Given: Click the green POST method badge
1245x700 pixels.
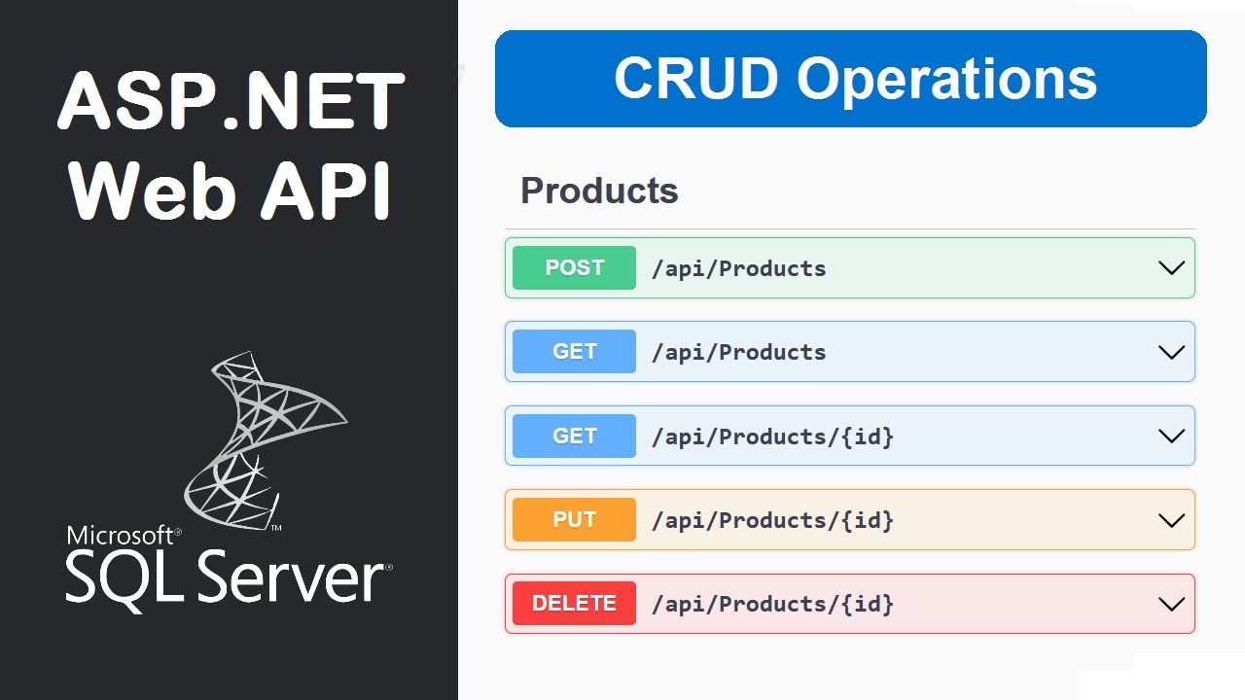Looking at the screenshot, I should click(x=574, y=268).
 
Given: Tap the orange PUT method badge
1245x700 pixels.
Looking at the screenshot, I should click(x=574, y=519).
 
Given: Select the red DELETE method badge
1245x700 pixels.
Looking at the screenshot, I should click(x=574, y=603).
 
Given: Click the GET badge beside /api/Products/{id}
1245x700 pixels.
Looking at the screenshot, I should click(x=574, y=436).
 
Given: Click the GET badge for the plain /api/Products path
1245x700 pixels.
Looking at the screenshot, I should click(x=574, y=352).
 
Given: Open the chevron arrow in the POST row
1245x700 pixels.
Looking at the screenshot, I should click(x=1171, y=268).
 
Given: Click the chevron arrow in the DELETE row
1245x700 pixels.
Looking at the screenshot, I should click(x=1171, y=604).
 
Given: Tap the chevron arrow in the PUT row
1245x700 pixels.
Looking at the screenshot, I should click(x=1171, y=520).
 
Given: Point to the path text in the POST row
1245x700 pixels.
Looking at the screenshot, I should click(x=738, y=269).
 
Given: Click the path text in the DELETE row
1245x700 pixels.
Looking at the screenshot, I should click(x=772, y=604).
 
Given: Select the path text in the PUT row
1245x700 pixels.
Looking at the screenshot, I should click(x=772, y=520).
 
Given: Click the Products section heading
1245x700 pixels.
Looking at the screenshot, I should click(x=599, y=191).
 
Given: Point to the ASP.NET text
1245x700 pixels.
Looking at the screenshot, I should click(x=231, y=102).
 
